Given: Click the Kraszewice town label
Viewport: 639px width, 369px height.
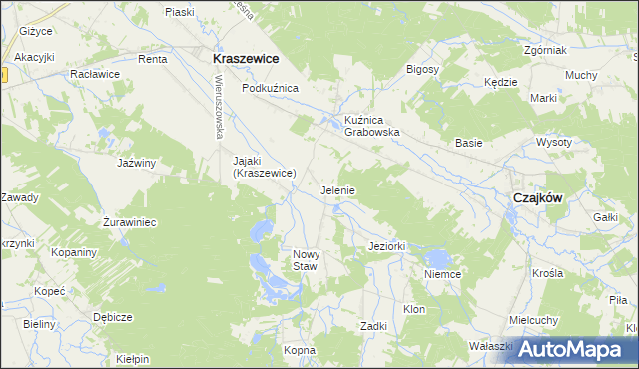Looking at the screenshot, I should click(245, 59).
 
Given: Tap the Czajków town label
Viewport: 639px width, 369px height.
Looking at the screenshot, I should click(537, 197).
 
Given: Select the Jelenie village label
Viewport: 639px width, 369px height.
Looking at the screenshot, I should click(338, 189).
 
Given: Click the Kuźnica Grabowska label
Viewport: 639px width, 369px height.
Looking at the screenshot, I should click(372, 125).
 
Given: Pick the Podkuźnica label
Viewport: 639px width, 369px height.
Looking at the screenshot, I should click(271, 89).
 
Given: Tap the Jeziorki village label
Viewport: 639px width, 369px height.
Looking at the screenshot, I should click(385, 246).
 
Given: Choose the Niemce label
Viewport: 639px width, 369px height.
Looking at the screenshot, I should click(441, 274).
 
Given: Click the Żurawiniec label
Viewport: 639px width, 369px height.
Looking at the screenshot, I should click(131, 222).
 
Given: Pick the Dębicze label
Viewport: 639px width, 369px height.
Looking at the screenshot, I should click(113, 317).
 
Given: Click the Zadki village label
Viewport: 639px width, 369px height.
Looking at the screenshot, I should click(373, 326).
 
